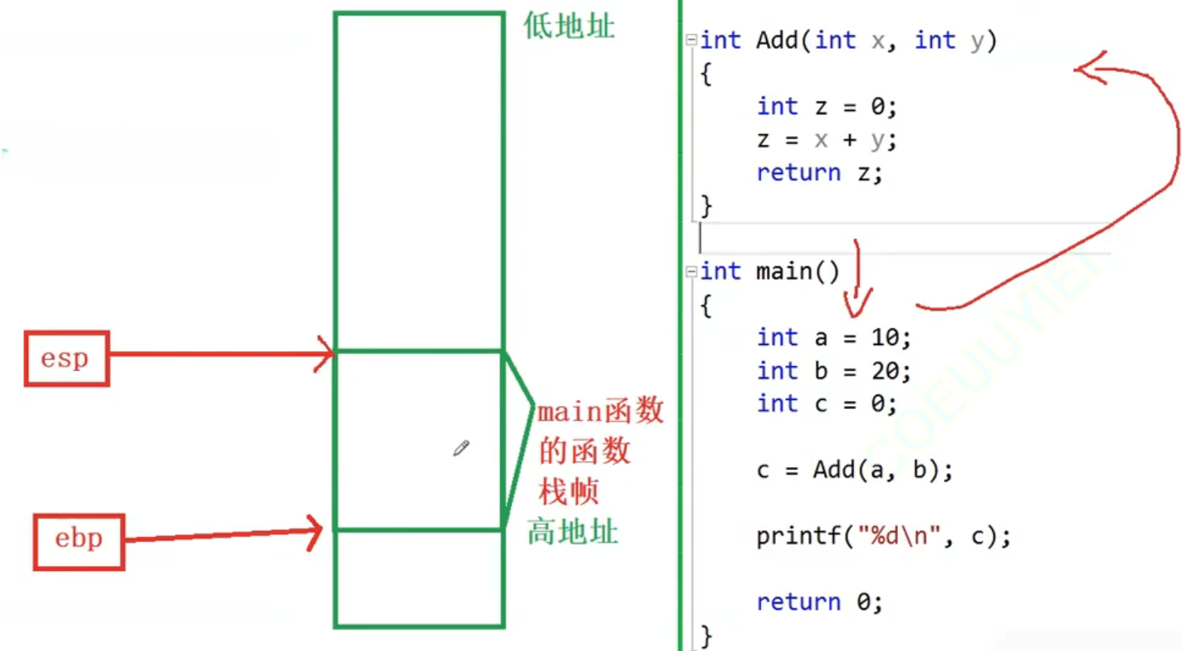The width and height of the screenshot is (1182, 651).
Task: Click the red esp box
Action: (66, 358)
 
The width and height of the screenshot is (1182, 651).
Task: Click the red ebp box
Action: (79, 541)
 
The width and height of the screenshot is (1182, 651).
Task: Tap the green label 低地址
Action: (568, 27)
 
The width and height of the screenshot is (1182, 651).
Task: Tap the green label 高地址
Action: (572, 531)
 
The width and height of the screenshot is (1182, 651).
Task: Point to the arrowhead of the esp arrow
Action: (328, 353)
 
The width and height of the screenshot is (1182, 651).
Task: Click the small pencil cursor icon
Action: (461, 448)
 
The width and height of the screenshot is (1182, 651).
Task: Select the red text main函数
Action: (601, 412)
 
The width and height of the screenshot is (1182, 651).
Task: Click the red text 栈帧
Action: (568, 491)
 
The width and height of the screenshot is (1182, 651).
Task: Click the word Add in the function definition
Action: (777, 40)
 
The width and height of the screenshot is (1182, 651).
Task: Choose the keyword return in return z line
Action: (798, 172)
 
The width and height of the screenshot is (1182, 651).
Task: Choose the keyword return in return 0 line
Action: (798, 602)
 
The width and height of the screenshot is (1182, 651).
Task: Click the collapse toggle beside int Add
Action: (691, 40)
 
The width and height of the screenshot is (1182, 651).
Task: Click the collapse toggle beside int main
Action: (691, 271)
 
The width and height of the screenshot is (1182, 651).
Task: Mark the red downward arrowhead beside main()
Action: (857, 308)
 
